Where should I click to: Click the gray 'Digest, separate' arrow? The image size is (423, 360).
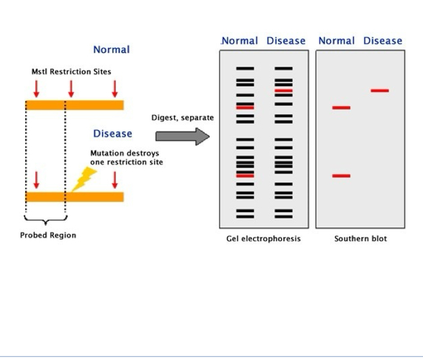(x=182, y=137)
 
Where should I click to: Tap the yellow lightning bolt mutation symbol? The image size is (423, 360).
(x=84, y=179)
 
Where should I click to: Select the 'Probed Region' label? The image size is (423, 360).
(x=48, y=235)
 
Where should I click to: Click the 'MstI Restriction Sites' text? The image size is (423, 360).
(x=71, y=72)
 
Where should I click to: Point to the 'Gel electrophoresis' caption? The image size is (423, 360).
(x=263, y=239)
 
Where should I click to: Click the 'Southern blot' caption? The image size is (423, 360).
(x=361, y=239)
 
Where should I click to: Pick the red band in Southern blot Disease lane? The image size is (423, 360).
(x=380, y=91)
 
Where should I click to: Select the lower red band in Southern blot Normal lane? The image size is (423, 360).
(x=341, y=176)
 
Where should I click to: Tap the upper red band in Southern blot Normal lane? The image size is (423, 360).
(x=341, y=107)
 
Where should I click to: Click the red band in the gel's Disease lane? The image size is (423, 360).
(x=284, y=91)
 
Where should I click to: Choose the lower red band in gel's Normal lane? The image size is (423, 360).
(x=245, y=176)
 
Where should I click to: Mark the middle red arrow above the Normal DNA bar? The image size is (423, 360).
(x=71, y=89)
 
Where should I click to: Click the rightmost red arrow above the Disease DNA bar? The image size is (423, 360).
(x=115, y=180)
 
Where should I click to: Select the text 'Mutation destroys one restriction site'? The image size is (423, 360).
(x=127, y=158)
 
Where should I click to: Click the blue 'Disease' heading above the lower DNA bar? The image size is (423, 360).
(x=113, y=134)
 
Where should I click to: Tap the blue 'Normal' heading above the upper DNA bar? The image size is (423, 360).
(x=111, y=50)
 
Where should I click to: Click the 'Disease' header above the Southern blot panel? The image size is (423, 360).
(x=383, y=41)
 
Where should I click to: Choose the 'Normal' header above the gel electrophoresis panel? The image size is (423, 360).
(x=240, y=41)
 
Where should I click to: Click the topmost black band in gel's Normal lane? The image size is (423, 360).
(x=245, y=69)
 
